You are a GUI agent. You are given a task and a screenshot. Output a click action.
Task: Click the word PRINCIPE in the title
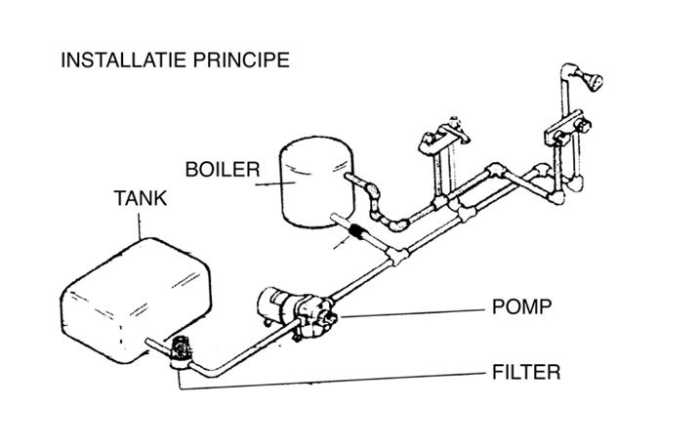[x=243, y=61]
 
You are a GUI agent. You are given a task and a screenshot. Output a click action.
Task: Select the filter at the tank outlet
[x=180, y=348]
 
